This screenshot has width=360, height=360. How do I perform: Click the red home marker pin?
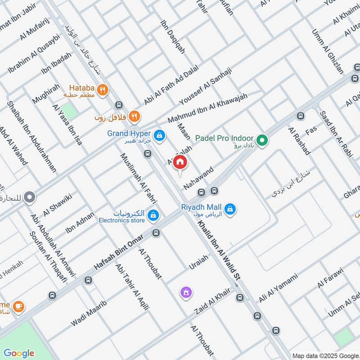180,162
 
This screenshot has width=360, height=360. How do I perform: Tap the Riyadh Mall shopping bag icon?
230,209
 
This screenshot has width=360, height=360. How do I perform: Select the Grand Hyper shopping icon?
158,134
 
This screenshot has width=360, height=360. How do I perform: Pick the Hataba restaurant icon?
103,90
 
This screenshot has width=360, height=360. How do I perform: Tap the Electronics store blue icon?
154,215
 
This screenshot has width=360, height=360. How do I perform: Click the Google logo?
19,352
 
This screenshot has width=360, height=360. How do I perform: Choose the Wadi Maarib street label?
89,314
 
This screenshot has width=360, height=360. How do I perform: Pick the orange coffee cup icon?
18,306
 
